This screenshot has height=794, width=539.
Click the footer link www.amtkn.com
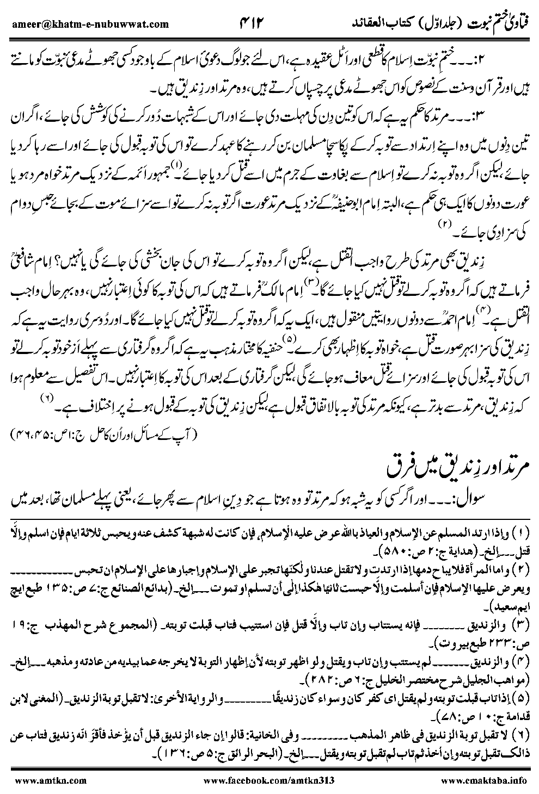click(x=40, y=780)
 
